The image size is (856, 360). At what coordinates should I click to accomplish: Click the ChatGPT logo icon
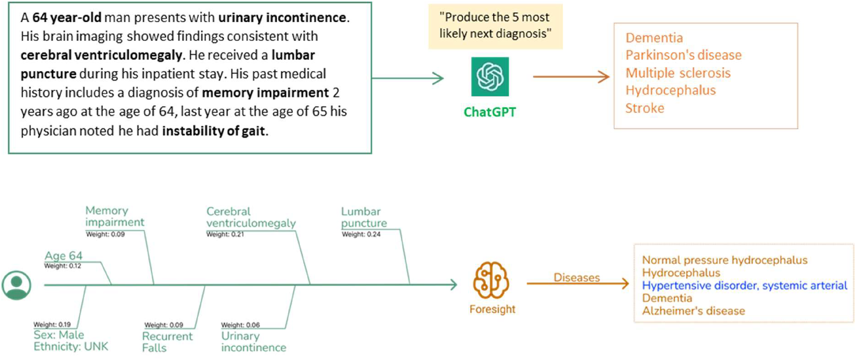[x=490, y=77]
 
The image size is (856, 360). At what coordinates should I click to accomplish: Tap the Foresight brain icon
[x=491, y=280]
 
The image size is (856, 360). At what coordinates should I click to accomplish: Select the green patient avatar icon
[x=17, y=285]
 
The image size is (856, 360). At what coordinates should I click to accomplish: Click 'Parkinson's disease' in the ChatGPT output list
[x=683, y=55]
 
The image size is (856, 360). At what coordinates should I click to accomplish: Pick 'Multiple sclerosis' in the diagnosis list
[x=678, y=73]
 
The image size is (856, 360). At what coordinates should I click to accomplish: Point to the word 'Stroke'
[x=645, y=108]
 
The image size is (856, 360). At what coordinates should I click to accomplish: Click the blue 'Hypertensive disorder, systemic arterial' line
[x=744, y=286]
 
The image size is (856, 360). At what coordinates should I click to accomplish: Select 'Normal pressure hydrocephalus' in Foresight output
[x=724, y=260]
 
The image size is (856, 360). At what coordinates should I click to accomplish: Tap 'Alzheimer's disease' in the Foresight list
[x=693, y=311]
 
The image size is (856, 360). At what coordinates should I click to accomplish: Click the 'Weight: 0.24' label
[x=361, y=234]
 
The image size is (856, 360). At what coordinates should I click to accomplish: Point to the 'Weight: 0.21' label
[x=225, y=234]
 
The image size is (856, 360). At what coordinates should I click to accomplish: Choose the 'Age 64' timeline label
[x=64, y=256]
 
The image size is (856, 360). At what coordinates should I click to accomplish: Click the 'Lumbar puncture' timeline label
[x=363, y=217]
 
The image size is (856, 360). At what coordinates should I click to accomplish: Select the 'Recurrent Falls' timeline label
[x=167, y=342]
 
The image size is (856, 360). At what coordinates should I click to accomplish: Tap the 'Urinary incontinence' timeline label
[x=253, y=341]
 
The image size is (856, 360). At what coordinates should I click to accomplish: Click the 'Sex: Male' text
[x=59, y=335]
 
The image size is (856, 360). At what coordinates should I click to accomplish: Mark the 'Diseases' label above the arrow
[x=576, y=277]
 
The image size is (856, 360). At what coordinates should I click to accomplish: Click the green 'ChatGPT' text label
[x=490, y=112]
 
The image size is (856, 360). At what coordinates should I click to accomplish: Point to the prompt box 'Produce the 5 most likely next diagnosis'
[x=495, y=26]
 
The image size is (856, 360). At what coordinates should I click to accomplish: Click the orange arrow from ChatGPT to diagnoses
[x=571, y=77]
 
